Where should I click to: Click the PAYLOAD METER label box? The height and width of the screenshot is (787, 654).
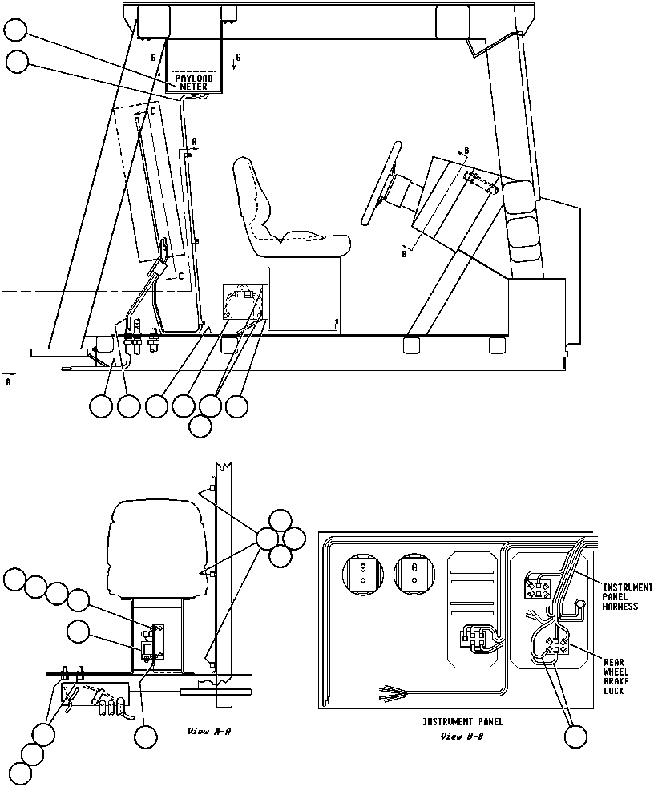(192, 81)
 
